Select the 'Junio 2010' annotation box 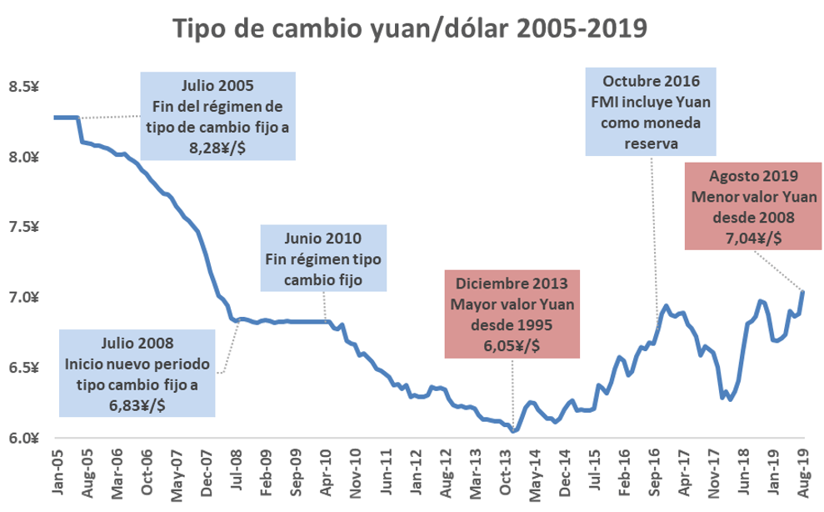(323, 258)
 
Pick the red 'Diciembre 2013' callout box (512, 313)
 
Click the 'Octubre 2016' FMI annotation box (652, 113)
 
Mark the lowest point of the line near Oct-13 (513, 431)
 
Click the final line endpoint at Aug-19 (802, 291)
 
